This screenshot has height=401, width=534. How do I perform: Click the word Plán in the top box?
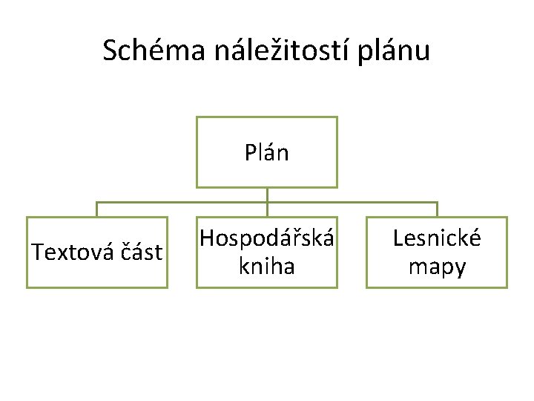266,153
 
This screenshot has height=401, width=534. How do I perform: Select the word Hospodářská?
267,239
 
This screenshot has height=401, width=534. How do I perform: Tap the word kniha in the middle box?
267,266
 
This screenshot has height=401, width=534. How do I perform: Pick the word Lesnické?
437,239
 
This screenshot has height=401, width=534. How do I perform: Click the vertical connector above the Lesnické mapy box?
437,209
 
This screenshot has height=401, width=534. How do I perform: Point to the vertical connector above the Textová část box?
96,209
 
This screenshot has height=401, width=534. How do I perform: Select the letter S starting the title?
110,50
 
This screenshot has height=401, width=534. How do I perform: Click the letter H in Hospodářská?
207,239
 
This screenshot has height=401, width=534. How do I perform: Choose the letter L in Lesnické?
398,239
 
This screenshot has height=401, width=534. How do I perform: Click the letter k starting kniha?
243,266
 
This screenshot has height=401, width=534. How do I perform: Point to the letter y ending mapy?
460,269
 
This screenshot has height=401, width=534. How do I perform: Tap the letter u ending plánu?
422,52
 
